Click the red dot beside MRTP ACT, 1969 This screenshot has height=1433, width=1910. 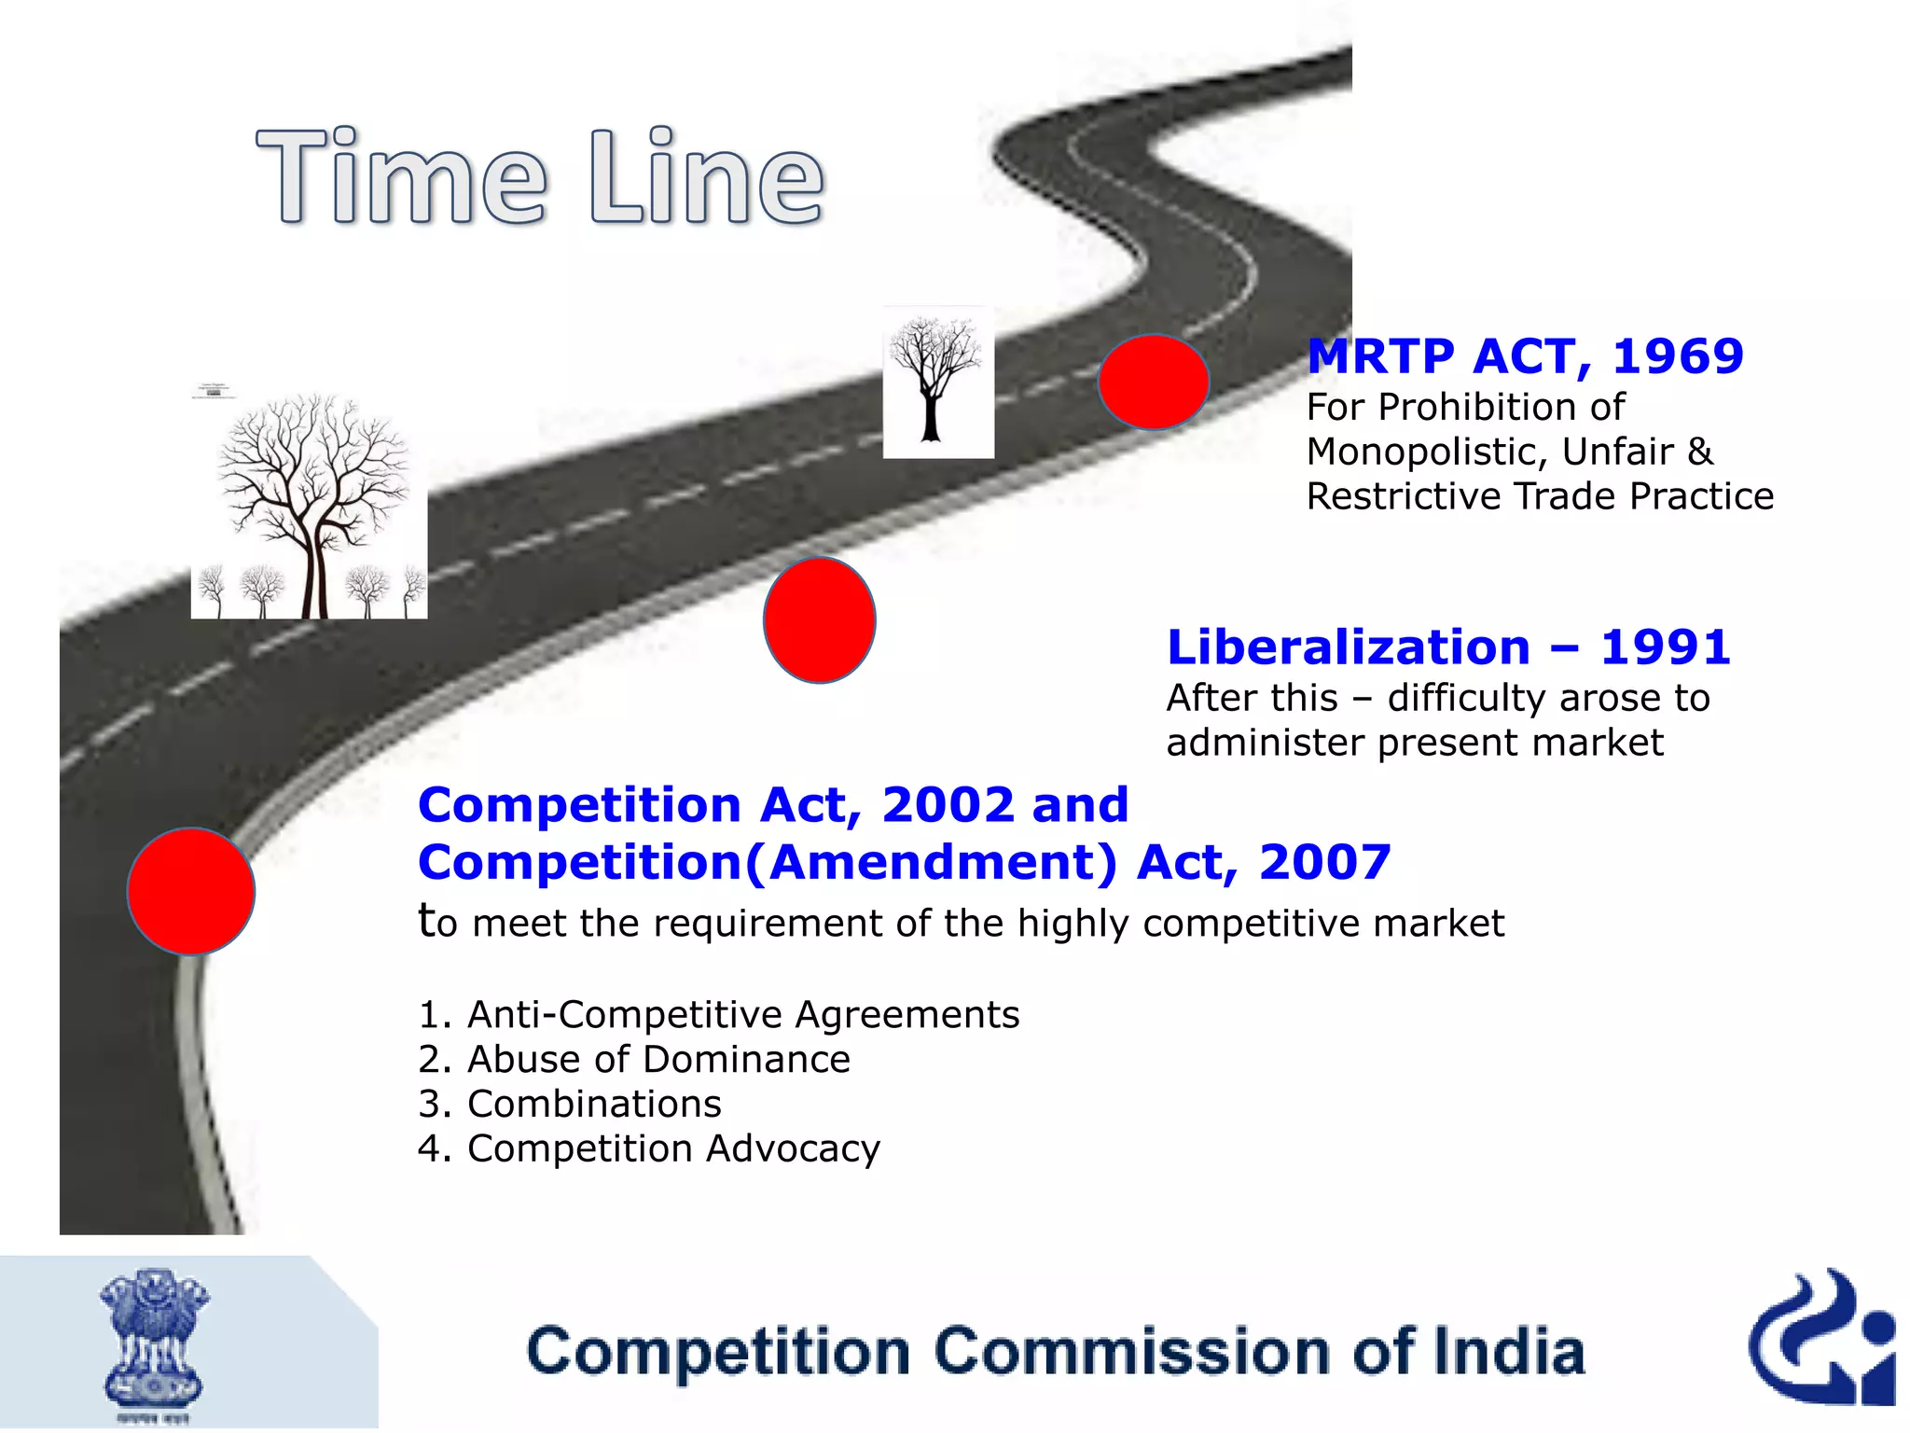[x=1154, y=382]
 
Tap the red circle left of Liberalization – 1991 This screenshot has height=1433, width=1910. [x=819, y=620]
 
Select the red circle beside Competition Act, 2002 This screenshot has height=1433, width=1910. [x=191, y=891]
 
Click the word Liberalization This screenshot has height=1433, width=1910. [x=1349, y=647]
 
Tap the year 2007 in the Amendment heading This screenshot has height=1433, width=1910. [x=1324, y=862]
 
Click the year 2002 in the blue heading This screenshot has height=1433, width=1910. [x=948, y=805]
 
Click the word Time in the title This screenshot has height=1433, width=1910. [x=402, y=177]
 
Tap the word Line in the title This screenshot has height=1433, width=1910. [x=707, y=177]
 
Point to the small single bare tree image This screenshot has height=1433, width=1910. [x=937, y=383]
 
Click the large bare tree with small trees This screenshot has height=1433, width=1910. [x=310, y=504]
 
